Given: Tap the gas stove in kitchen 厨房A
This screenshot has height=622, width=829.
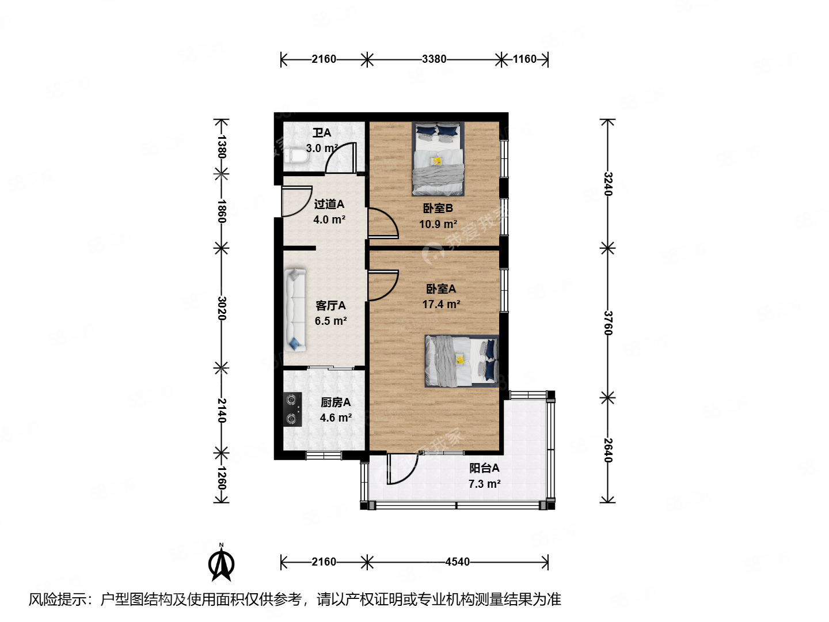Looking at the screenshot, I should (292, 409).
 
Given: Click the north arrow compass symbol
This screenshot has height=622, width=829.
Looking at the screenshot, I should (221, 563).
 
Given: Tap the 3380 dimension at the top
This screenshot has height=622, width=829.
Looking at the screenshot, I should (433, 59).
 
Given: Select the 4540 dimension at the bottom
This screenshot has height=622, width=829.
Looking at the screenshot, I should (457, 562).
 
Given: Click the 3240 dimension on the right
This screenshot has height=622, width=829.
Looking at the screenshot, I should (608, 184).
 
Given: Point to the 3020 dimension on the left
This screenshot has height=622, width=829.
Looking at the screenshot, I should (222, 308).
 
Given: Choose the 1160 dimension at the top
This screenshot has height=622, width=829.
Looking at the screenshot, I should (524, 59).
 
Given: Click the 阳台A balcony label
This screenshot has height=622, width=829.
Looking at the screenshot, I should (484, 468).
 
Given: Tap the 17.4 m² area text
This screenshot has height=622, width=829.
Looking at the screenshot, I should (441, 305).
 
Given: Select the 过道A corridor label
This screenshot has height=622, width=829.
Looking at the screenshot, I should (329, 204).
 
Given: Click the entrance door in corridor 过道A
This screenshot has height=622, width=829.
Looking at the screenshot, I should (296, 202).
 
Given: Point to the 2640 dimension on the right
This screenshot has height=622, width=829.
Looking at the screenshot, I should (608, 450).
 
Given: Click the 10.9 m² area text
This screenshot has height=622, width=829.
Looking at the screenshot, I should (438, 224).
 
